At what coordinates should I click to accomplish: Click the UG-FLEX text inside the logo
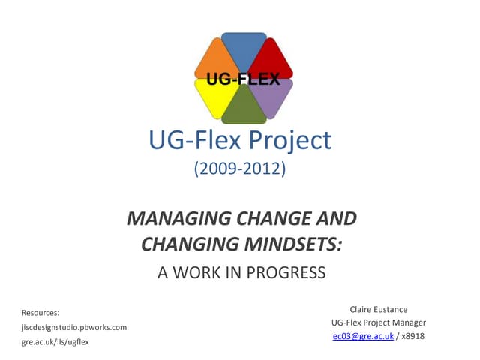tap(240, 78)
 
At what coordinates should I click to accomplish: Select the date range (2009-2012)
tap(240, 169)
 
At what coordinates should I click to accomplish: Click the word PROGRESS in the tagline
tap(289, 272)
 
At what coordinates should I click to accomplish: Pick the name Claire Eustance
tap(379, 308)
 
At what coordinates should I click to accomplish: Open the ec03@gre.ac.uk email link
tap(362, 336)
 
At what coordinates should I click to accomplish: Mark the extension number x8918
tap(413, 336)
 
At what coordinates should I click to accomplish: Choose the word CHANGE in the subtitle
tap(280, 219)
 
